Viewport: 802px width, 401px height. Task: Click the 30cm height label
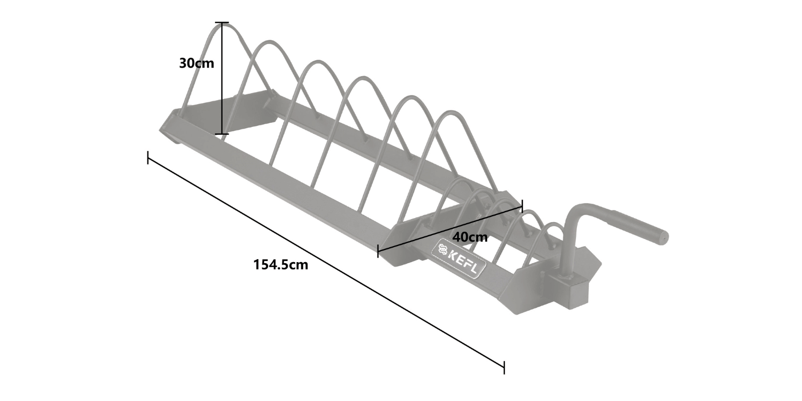197,64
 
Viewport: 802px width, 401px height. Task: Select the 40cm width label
470,237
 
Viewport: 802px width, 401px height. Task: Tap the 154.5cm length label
281,265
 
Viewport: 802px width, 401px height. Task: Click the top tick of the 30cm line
222,23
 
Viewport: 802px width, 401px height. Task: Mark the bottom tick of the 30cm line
222,134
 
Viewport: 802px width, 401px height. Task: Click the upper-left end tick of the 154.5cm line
148,157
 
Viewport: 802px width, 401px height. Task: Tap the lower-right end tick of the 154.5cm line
504,367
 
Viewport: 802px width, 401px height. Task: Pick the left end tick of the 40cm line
378,251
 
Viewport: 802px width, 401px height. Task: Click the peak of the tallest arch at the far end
221,26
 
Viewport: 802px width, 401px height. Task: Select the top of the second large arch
270,44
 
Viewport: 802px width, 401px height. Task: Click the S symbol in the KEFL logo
442,248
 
